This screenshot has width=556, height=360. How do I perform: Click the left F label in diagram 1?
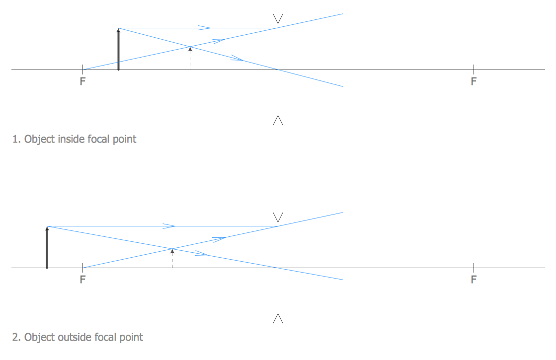(x=82, y=81)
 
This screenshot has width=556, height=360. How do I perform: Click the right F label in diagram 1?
(x=474, y=81)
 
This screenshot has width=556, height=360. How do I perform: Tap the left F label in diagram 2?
(x=82, y=280)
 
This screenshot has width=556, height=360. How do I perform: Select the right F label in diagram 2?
(x=474, y=280)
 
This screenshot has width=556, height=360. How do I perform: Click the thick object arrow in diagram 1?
(x=118, y=50)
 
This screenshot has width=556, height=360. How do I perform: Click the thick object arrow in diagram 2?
(x=47, y=248)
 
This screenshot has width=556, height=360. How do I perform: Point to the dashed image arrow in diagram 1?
(x=190, y=58)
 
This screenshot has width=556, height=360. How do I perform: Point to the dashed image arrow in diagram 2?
(x=172, y=258)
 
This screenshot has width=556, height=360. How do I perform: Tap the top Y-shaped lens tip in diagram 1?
(x=278, y=18)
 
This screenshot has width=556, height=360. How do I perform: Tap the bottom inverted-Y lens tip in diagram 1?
(x=278, y=121)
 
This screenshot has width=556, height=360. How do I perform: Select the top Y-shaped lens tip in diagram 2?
(x=278, y=217)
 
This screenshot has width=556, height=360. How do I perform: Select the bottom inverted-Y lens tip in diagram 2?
(x=278, y=319)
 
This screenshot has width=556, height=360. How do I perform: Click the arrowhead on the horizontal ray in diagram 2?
(x=169, y=226)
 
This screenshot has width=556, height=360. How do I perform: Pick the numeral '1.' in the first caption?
(x=16, y=139)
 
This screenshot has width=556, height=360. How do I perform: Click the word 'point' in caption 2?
(x=131, y=338)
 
